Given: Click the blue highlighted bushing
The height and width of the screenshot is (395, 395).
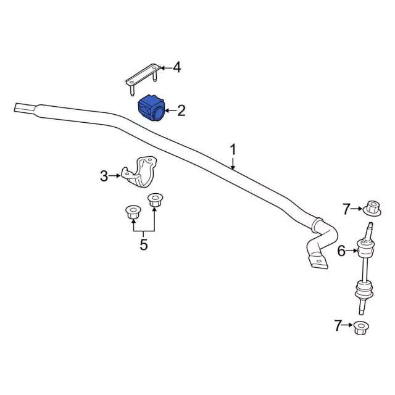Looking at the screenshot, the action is [x=151, y=109].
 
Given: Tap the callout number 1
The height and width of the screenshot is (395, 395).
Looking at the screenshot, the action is [x=233, y=149].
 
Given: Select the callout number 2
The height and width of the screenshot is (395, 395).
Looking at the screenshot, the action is [x=181, y=110].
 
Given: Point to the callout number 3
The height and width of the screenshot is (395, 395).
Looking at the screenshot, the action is [x=104, y=176].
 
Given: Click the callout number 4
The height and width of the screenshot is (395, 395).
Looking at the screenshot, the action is [x=177, y=67].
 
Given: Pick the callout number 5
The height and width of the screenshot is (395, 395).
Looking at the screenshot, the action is [x=144, y=244].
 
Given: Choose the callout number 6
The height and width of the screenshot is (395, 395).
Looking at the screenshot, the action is [x=341, y=251].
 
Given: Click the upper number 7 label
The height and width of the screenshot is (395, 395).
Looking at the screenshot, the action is [x=346, y=209].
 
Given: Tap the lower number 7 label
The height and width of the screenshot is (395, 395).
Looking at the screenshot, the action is [x=338, y=325].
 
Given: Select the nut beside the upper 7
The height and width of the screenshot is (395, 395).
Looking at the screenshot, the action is [x=372, y=209].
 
